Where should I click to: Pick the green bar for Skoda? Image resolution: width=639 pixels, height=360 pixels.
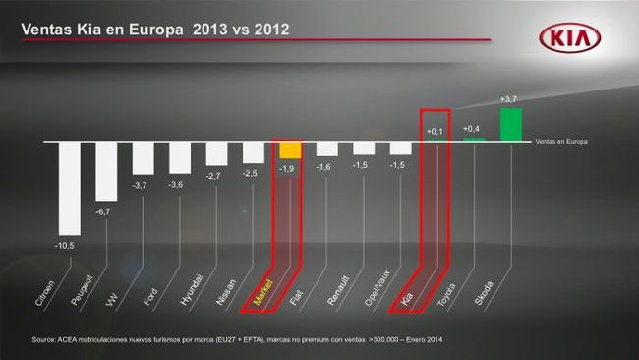click(x=511, y=124)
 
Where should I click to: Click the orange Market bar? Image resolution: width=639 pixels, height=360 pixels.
click(x=289, y=150)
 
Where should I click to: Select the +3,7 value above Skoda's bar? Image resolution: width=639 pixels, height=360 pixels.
click(x=509, y=99)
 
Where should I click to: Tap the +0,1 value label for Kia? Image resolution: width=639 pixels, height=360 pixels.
click(x=435, y=131)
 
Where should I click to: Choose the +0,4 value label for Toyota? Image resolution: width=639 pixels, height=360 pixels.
click(x=472, y=129)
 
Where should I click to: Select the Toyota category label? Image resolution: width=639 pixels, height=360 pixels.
click(x=447, y=294)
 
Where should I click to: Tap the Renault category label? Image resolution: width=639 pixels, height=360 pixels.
click(x=337, y=294)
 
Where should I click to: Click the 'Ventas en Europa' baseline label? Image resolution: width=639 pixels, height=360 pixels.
click(x=562, y=142)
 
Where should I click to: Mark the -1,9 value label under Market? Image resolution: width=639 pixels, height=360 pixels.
click(x=287, y=168)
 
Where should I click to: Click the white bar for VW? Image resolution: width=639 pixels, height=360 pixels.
click(x=144, y=158)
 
